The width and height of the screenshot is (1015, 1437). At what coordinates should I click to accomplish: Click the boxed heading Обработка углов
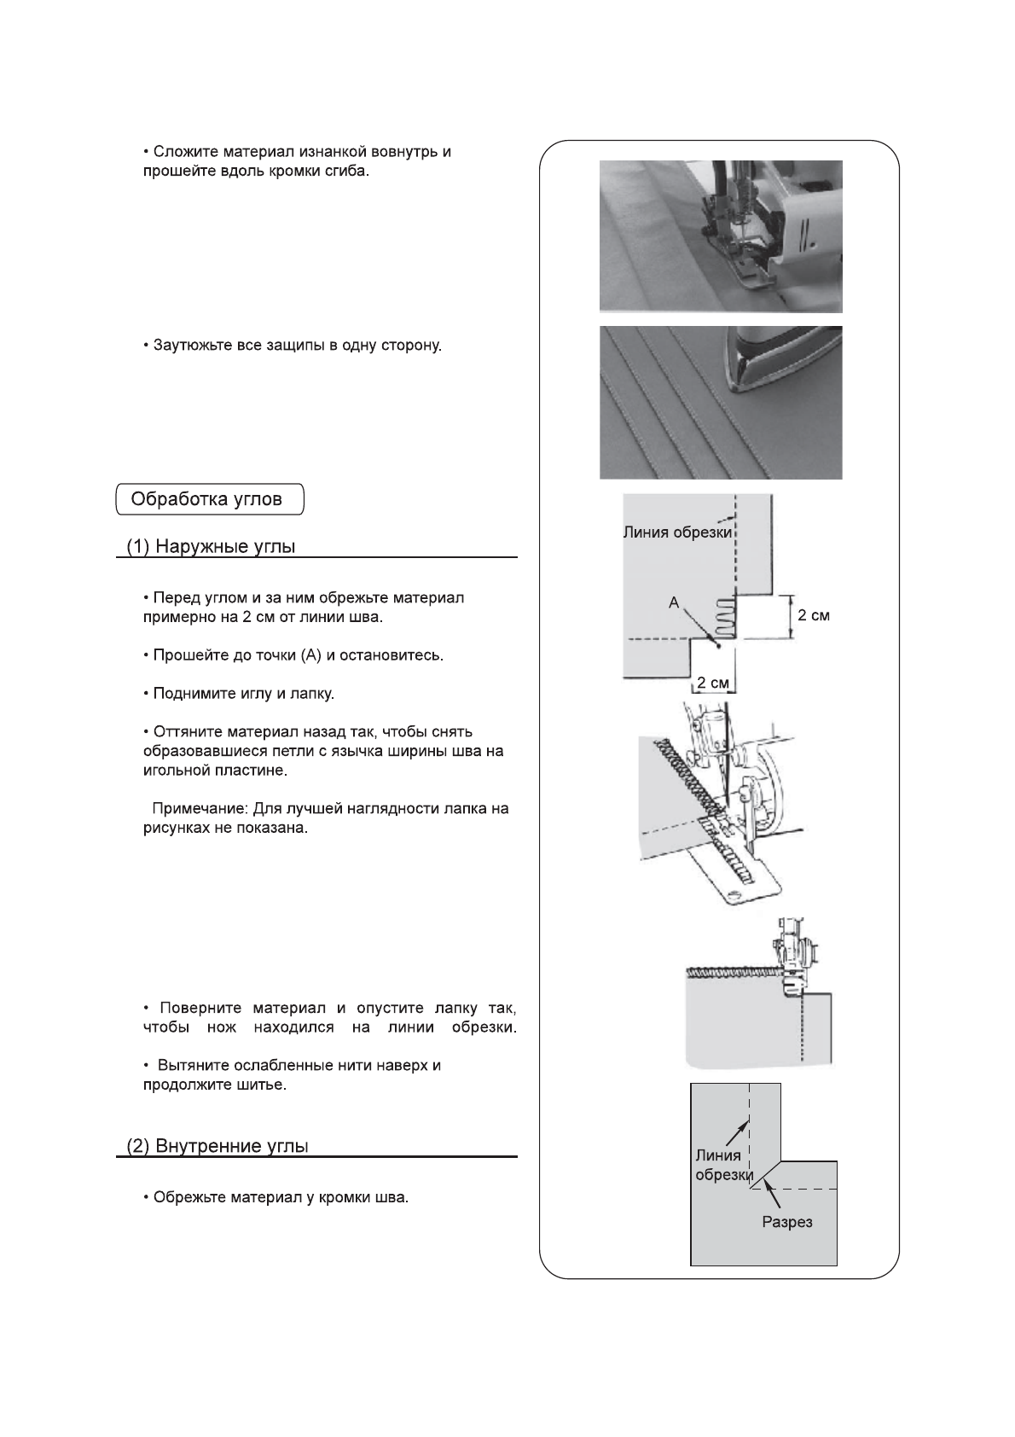click(209, 499)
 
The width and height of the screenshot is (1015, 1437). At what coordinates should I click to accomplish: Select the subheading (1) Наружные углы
click(211, 547)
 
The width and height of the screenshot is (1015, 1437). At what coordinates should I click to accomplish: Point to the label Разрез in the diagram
click(786, 1222)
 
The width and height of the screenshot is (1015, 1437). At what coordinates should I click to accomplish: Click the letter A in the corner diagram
click(674, 602)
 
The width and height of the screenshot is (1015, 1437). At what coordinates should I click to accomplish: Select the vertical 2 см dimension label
click(813, 614)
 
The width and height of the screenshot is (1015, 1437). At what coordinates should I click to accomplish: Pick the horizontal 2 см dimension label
click(711, 682)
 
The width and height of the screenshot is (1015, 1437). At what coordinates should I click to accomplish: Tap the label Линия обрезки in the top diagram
click(677, 532)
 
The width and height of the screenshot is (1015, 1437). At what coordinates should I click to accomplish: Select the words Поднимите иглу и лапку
click(243, 694)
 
